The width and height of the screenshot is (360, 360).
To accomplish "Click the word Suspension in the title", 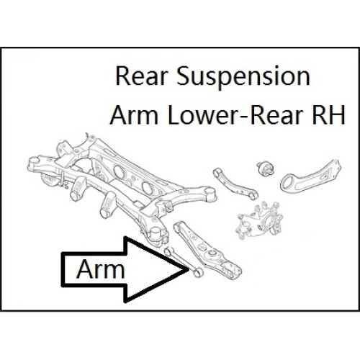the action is click(x=243, y=76).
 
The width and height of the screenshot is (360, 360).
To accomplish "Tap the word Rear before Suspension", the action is click(x=141, y=77).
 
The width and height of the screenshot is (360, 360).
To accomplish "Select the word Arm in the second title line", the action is click(x=134, y=115).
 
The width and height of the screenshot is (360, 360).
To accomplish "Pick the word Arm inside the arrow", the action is click(x=101, y=269).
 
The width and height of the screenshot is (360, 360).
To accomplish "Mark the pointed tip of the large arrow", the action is click(x=189, y=269).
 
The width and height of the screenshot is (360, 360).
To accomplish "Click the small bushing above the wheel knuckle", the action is click(x=266, y=168).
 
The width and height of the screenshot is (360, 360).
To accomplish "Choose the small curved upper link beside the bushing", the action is click(x=235, y=184).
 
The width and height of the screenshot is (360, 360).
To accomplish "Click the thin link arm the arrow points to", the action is click(x=183, y=261).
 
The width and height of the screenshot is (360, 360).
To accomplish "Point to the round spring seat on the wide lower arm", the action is click(x=212, y=253).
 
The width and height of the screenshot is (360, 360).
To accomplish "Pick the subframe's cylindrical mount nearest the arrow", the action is click(x=156, y=235).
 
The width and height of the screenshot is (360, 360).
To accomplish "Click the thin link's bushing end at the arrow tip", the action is click(x=197, y=272).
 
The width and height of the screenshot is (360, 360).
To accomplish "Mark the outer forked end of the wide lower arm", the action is click(x=233, y=271).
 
